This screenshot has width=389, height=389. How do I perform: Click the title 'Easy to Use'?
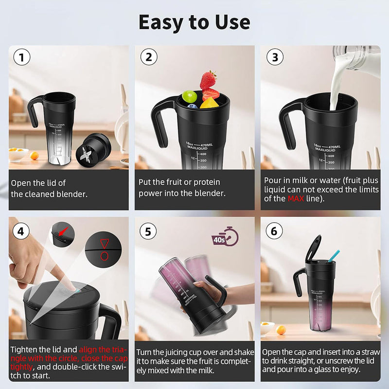[194, 22]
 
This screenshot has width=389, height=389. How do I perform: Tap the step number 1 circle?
[21, 57]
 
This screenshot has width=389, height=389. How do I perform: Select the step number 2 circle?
[149, 57]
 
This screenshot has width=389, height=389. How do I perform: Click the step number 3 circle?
[275, 57]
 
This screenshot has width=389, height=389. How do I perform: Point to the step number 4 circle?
[21, 231]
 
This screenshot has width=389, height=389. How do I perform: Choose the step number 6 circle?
[275, 231]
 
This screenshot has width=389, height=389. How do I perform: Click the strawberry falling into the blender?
[208, 79]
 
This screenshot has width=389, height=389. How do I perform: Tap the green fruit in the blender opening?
[189, 95]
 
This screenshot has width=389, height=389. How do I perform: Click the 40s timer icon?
[225, 237]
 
